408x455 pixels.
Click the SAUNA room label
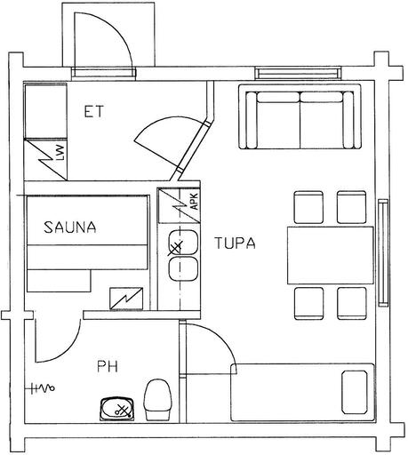click(70, 227)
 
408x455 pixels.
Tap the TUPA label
click(235, 243)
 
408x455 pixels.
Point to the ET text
click(93, 111)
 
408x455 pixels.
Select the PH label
click(108, 366)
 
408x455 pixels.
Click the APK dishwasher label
click(195, 202)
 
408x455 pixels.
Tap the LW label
click(60, 153)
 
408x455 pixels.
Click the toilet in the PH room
click(158, 399)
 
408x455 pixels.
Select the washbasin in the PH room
click(117, 409)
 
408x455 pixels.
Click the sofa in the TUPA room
click(300, 116)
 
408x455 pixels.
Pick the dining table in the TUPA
click(331, 255)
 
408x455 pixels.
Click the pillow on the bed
click(355, 392)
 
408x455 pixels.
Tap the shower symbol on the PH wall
click(43, 387)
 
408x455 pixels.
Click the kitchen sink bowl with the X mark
click(182, 243)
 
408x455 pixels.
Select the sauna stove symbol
click(126, 298)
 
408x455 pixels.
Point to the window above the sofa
click(298, 73)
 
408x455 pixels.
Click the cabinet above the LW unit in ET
click(45, 111)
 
